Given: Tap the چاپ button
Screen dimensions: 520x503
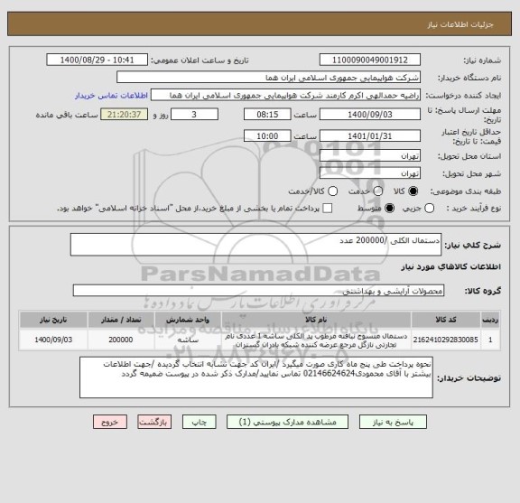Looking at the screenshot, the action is point(202,422).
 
